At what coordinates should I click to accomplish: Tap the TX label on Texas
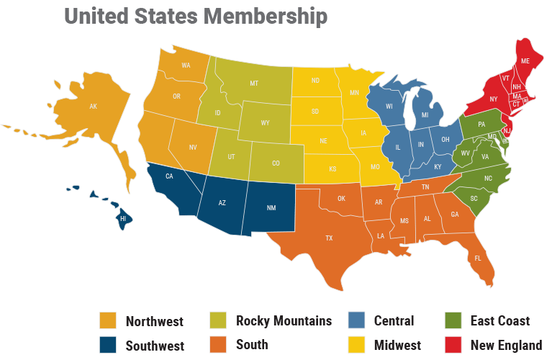coord(329,237)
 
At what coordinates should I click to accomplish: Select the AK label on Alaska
coord(93,107)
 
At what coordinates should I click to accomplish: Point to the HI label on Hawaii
coord(122,218)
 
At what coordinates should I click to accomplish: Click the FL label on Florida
coord(477,257)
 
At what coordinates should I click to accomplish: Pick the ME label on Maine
coord(525,63)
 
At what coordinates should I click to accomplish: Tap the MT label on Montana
coord(254,84)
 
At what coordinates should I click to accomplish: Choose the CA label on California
coord(170,176)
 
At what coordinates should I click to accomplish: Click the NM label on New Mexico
coord(271,208)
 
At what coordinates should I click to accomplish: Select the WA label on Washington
coord(186,66)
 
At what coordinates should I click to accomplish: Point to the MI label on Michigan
coord(425,115)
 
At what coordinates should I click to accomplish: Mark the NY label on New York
coord(494,99)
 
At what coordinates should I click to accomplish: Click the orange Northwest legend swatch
coord(108,321)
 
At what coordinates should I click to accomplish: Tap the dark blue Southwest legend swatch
coord(108,345)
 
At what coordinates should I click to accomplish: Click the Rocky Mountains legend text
coord(284,321)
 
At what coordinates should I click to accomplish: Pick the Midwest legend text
coord(397,346)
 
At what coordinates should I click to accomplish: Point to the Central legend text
coord(394,321)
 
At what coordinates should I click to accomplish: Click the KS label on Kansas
coord(333,169)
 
